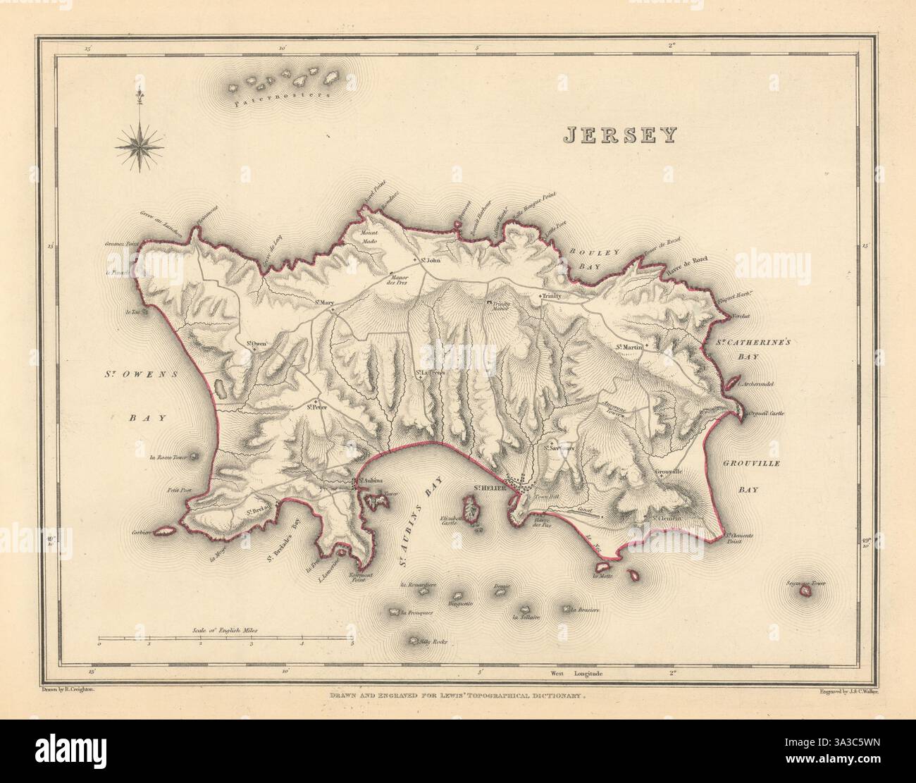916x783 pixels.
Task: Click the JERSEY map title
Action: tap(619, 135)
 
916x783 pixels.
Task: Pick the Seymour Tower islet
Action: tap(804, 593)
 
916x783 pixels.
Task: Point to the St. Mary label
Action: tap(324, 303)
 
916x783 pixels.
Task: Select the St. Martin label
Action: tap(630, 347)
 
